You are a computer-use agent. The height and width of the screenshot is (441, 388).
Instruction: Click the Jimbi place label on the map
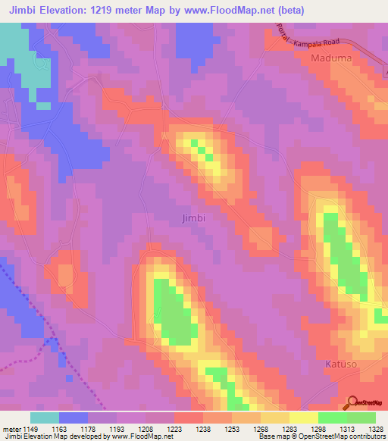(x=195, y=217)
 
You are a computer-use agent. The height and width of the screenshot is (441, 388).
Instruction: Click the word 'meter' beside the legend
(x=11, y=430)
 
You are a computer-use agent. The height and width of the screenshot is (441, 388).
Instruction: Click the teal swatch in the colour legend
(x=45, y=418)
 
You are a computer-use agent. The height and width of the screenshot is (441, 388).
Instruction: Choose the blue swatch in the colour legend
(x=74, y=418)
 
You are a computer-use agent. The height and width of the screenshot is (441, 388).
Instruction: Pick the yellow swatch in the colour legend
(x=303, y=418)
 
